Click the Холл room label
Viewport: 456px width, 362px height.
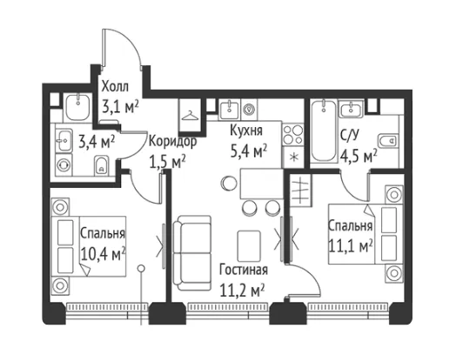[115, 87]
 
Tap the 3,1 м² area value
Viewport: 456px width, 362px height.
[120, 107]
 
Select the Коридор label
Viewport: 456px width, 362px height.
[173, 142]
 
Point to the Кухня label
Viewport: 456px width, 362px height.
[246, 131]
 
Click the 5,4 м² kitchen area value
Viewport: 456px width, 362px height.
[249, 151]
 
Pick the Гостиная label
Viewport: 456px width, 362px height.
[244, 270]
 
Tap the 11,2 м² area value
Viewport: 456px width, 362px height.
[242, 291]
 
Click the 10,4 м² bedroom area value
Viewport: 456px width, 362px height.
[104, 254]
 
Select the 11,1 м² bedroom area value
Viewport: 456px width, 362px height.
[351, 246]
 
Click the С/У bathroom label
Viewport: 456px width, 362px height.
[350, 136]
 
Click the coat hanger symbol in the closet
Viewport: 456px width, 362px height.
[190, 116]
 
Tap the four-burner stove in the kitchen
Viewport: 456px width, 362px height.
[293, 134]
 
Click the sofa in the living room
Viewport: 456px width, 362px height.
[192, 252]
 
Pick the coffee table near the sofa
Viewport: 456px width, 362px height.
[249, 246]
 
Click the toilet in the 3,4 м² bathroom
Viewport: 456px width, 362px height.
[101, 165]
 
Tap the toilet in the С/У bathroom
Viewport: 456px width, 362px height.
[387, 141]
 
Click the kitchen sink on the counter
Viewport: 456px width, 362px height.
[230, 111]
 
